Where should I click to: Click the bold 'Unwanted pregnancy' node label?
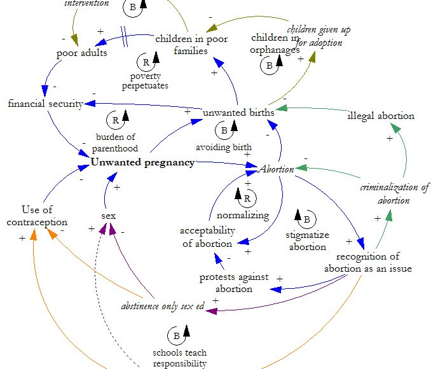(x=142, y=162)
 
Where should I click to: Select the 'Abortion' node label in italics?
(x=277, y=169)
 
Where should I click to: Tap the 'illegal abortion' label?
(x=381, y=116)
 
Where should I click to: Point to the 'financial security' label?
(x=46, y=104)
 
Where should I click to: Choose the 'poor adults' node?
(x=82, y=53)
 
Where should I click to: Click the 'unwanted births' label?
(x=238, y=113)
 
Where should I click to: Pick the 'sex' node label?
(x=109, y=216)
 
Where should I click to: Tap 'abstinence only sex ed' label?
(x=163, y=305)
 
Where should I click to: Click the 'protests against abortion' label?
(x=234, y=283)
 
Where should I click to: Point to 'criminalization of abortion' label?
(x=394, y=193)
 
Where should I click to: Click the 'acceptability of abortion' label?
(x=207, y=237)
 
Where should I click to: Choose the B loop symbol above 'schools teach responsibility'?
(x=176, y=335)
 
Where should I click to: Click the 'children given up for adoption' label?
(x=318, y=36)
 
